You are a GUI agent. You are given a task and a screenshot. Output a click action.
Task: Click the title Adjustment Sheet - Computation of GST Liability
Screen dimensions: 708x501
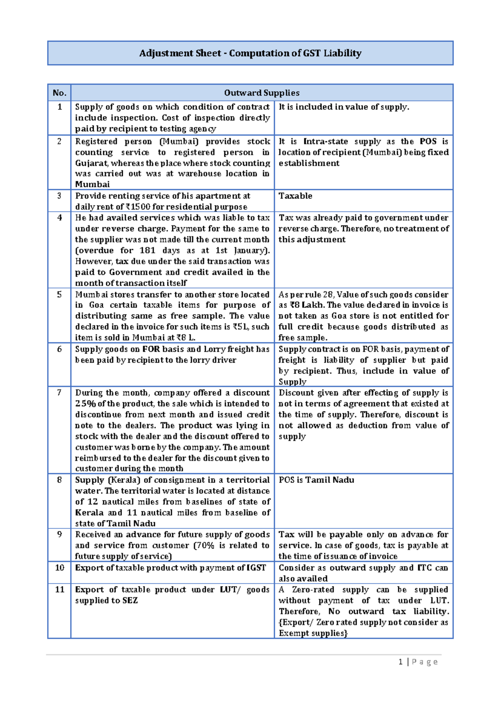point(250,53)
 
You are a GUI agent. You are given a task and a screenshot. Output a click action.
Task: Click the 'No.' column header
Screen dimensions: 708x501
point(59,93)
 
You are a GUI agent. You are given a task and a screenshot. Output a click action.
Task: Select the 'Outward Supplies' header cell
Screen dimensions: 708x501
point(262,93)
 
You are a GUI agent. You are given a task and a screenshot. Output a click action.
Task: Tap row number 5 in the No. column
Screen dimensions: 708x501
point(59,294)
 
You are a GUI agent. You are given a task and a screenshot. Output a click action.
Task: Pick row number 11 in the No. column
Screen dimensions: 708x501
point(59,589)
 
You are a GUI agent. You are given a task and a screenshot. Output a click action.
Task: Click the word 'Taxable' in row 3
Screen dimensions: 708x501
point(295,196)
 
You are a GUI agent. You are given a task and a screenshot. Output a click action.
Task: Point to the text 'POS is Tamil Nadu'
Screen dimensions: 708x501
point(316,480)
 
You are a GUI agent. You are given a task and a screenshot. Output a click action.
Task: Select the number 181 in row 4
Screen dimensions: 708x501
point(147,250)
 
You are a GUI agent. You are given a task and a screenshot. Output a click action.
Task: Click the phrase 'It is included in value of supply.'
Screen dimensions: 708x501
point(344,107)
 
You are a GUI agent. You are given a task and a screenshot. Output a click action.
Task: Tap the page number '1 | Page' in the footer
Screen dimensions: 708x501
point(418,662)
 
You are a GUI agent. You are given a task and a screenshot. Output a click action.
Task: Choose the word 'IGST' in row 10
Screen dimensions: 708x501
point(256,568)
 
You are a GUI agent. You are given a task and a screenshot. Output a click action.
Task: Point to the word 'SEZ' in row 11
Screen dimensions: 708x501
point(130,600)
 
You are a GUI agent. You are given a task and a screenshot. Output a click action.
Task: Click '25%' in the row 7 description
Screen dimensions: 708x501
point(86,404)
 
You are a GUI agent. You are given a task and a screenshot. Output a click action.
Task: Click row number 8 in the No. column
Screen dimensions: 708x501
point(59,480)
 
